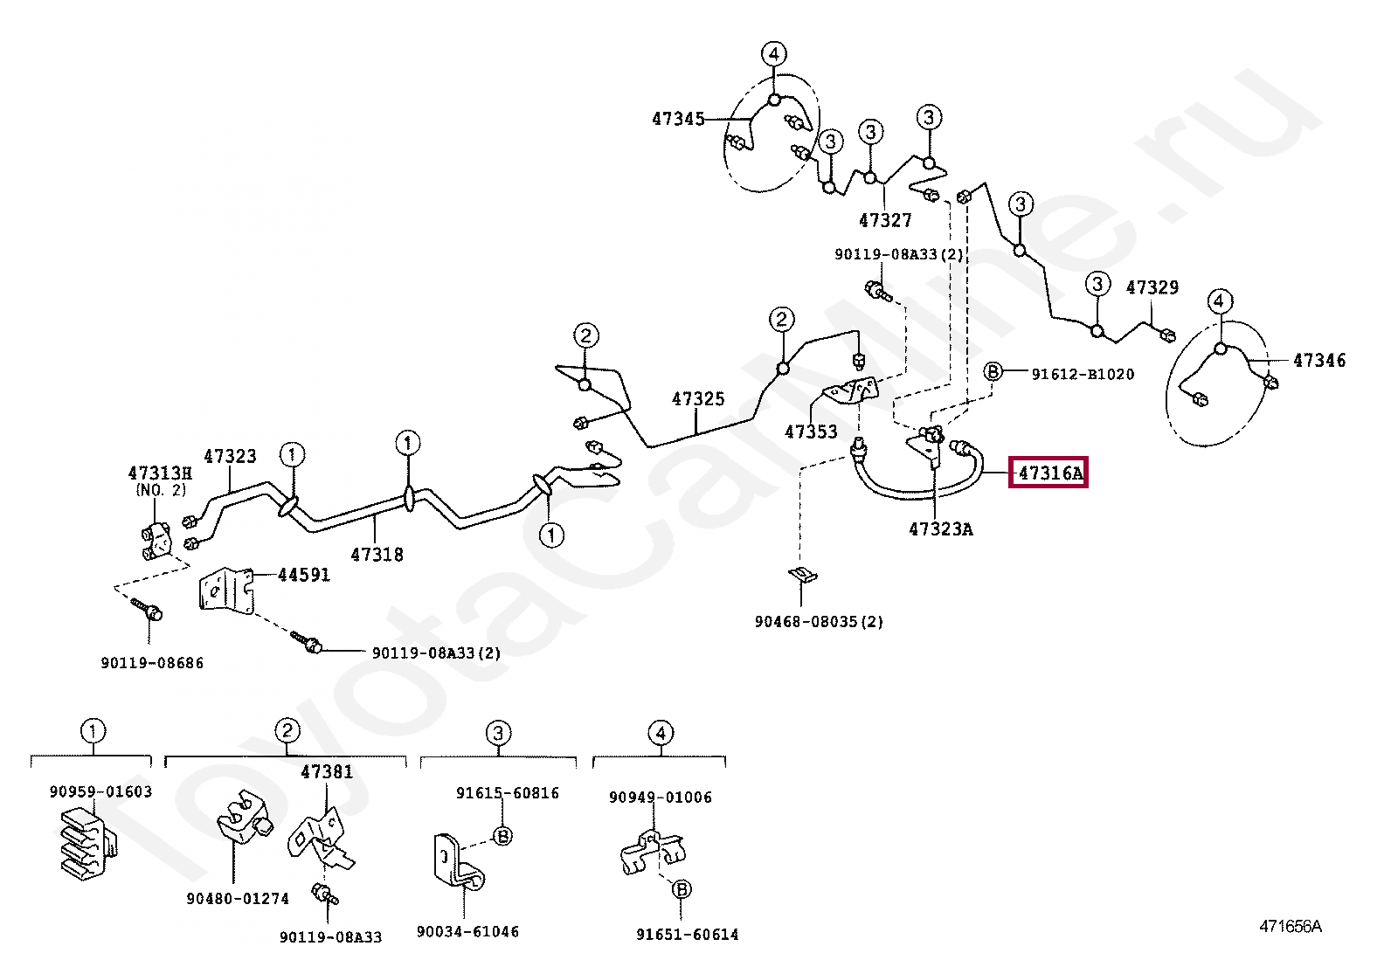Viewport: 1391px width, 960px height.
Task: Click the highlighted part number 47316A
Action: [1048, 474]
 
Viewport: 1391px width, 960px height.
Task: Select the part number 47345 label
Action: [678, 118]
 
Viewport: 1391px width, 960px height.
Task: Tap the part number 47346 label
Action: [1319, 360]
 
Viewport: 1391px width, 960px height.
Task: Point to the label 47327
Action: [885, 221]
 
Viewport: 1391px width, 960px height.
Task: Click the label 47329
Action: [1152, 287]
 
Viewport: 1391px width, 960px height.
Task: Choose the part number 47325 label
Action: [698, 399]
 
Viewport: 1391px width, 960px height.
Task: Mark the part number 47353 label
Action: [811, 432]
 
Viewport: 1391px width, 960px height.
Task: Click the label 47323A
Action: [940, 528]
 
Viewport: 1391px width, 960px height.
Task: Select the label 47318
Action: [377, 554]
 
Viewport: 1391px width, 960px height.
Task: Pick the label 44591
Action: [304, 575]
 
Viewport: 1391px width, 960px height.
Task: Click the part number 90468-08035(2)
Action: [819, 622]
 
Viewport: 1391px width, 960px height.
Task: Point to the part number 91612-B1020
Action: [1083, 374]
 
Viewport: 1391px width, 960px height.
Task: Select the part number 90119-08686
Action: [152, 663]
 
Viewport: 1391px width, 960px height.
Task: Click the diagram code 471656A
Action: [1290, 927]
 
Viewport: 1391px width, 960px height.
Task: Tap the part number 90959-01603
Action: [100, 791]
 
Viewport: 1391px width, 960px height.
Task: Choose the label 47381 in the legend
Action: [327, 771]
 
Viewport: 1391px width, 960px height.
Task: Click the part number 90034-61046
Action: [467, 931]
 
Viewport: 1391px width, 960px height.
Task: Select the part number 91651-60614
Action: [687, 935]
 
